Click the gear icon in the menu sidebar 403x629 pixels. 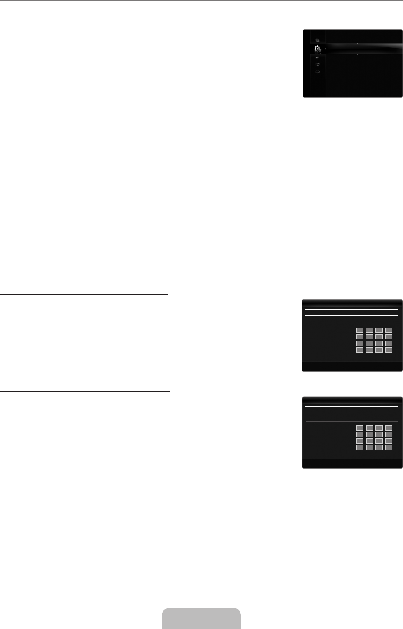(318, 49)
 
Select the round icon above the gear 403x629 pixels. (318, 40)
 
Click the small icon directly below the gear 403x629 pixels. (318, 57)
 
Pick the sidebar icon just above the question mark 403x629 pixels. (318, 64)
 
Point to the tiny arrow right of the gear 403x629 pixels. (325, 49)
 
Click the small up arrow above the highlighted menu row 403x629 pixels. (357, 42)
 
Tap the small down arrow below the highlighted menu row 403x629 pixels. (357, 55)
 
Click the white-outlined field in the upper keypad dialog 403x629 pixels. (351, 312)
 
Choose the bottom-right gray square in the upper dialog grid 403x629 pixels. (389, 349)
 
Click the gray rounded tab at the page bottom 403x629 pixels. (201, 619)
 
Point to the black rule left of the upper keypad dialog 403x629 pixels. (84, 295)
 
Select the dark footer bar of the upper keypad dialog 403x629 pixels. (352, 366)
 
